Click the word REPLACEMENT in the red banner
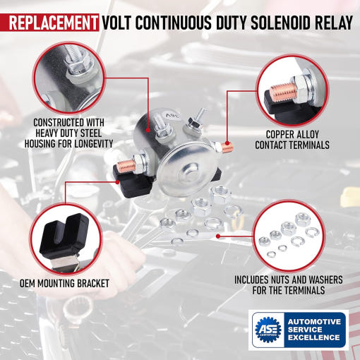53,23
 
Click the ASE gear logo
268,330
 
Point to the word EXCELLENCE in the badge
314,337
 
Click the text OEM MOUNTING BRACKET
64,284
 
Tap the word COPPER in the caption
280,135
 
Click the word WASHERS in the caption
325,280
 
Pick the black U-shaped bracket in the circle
64,235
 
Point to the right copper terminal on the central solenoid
227,148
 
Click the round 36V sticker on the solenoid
173,115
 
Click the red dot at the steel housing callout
148,130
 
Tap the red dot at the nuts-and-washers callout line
218,236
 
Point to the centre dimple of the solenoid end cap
189,173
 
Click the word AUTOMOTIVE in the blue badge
314,322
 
